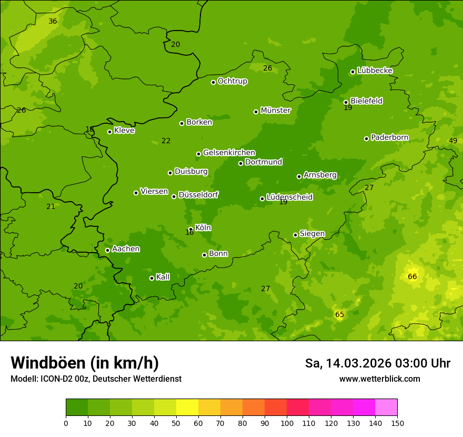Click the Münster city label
pos(275,111)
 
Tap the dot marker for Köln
pos(190,229)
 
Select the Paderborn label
pos(389,138)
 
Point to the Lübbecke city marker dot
pos(353,72)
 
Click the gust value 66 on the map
pos(412,276)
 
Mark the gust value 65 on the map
pos(340,315)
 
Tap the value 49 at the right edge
pos(453,141)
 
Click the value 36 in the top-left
pos(53,22)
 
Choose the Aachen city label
pos(126,249)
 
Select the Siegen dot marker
pos(295,235)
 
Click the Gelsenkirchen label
pos(229,153)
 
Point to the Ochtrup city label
pos(232,81)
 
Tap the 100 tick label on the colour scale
pos(287,423)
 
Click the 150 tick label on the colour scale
pos(397,423)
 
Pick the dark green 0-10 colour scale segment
pos(77,408)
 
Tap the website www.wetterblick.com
pos(379,379)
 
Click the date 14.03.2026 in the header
pos(359,363)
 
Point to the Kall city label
pos(163,277)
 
